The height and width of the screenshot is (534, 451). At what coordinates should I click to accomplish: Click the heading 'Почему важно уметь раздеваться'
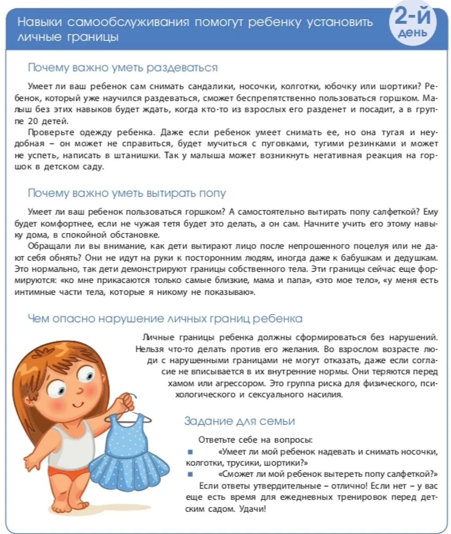tap(122, 67)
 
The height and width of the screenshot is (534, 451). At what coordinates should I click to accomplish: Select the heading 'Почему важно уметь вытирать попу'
tap(127, 193)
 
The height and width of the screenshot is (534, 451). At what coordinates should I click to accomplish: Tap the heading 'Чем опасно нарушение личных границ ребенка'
tap(165, 318)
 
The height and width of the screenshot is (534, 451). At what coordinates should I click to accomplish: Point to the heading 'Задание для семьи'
tap(239, 421)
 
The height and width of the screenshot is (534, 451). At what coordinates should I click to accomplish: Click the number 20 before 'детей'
tap(33, 121)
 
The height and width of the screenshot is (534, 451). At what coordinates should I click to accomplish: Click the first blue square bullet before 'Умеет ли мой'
tap(190, 452)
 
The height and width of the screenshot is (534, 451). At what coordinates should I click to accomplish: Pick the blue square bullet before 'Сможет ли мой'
tap(190, 474)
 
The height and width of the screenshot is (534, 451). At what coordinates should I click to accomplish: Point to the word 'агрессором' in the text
tap(244, 383)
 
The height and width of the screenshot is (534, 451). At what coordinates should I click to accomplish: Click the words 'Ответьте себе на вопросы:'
tap(256, 440)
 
